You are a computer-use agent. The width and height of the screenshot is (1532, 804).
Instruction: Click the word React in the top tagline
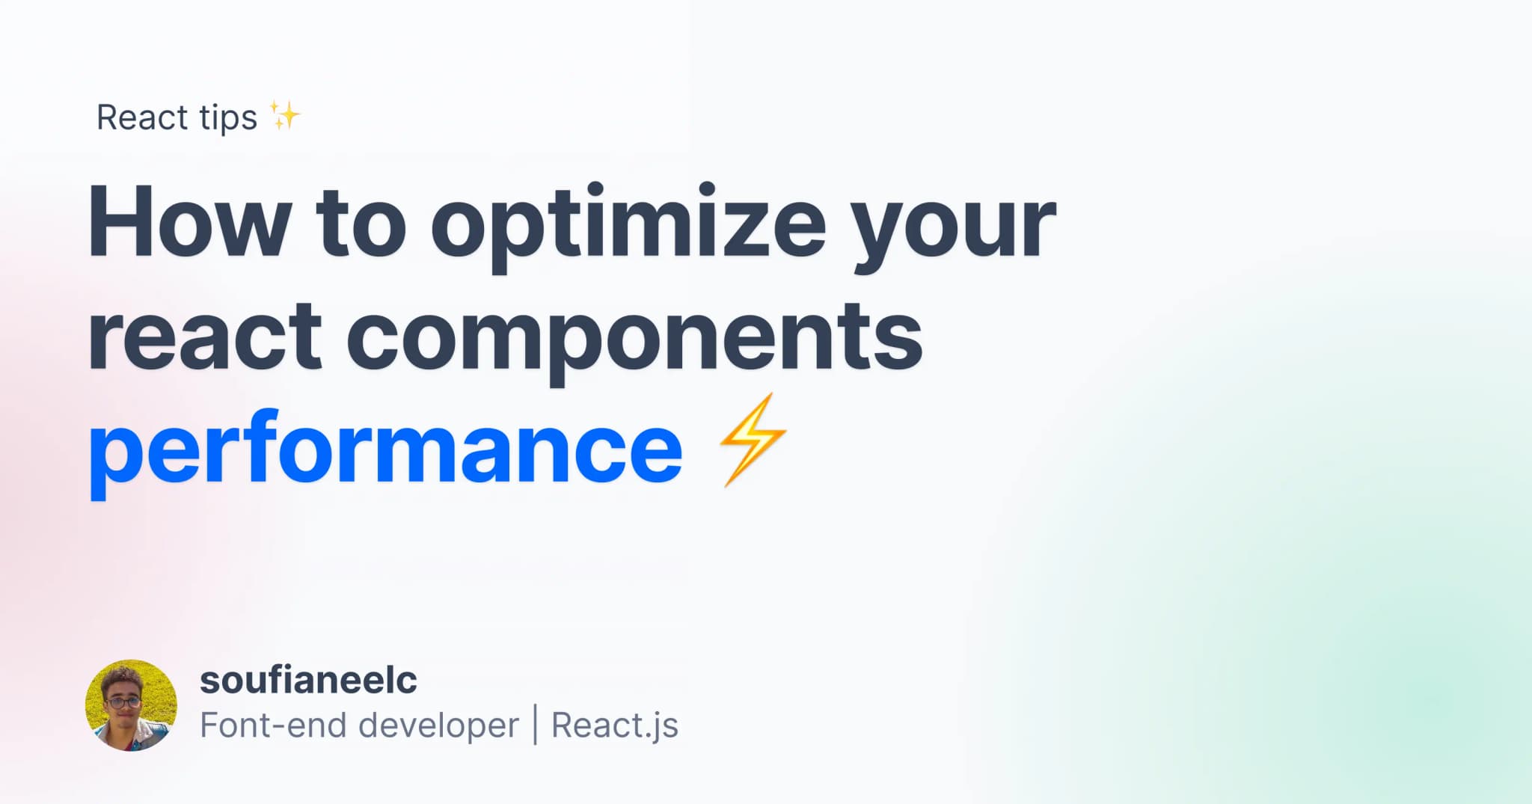tap(142, 118)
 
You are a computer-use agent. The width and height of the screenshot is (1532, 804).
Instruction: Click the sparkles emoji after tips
tap(285, 116)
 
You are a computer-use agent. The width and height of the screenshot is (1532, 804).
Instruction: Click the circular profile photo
tap(131, 705)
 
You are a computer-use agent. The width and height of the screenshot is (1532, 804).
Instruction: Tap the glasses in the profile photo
tap(123, 702)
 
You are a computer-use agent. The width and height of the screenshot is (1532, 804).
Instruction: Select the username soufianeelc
tap(308, 680)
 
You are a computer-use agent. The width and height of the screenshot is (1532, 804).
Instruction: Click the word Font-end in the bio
tap(272, 725)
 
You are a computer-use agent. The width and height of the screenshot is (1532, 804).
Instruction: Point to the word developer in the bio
tap(438, 725)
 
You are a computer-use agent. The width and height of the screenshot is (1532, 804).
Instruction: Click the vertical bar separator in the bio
tap(536, 725)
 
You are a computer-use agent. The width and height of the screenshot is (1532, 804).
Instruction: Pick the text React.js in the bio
tap(614, 725)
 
